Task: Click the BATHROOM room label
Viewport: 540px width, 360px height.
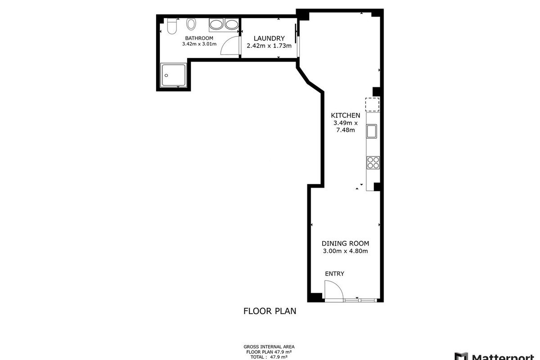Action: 199,38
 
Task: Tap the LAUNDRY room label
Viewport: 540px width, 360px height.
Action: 269,38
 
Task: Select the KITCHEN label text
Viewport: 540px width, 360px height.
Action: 346,115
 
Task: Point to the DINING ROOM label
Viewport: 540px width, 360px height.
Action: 345,243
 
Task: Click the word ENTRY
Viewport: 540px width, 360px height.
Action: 334,274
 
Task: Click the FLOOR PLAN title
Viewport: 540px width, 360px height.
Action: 270,311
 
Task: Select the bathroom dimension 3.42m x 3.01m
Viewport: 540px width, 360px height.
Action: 199,44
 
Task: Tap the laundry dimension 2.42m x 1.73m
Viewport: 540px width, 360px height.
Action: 269,45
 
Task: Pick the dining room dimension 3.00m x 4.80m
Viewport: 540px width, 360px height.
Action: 345,251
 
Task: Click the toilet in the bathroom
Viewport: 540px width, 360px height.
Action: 172,26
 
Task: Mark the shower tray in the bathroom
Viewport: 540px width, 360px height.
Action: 174,75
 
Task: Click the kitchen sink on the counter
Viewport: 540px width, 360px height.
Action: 372,131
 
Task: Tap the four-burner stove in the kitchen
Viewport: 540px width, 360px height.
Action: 373,162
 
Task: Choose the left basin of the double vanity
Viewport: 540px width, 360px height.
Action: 217,24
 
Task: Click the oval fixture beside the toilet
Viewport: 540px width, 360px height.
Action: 191,24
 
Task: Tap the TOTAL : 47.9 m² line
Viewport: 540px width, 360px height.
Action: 269,357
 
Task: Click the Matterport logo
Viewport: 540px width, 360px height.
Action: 497,356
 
